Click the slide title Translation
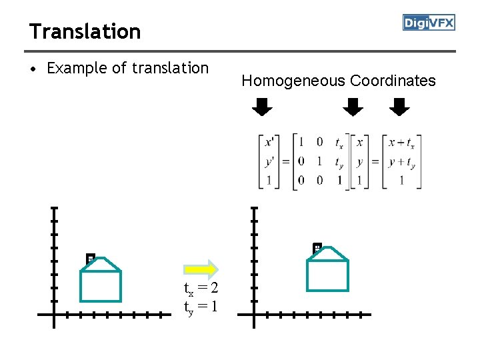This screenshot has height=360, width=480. [x=85, y=31]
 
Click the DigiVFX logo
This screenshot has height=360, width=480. [x=429, y=23]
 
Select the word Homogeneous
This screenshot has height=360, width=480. [x=293, y=81]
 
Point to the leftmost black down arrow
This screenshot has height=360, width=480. [x=262, y=107]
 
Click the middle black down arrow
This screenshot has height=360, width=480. [x=353, y=107]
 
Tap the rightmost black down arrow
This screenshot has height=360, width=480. [x=399, y=107]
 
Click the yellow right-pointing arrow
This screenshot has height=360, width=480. [x=201, y=269]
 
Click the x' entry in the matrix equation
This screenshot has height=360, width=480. [x=269, y=142]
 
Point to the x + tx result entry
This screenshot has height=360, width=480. [x=401, y=142]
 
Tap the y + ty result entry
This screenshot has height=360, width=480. [x=401, y=161]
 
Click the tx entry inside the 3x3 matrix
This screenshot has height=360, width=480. [x=339, y=142]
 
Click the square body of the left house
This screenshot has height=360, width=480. [x=101, y=287]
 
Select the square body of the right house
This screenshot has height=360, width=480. [x=327, y=276]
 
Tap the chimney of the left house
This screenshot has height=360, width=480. [x=90, y=258]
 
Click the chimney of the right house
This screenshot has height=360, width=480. [x=317, y=248]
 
